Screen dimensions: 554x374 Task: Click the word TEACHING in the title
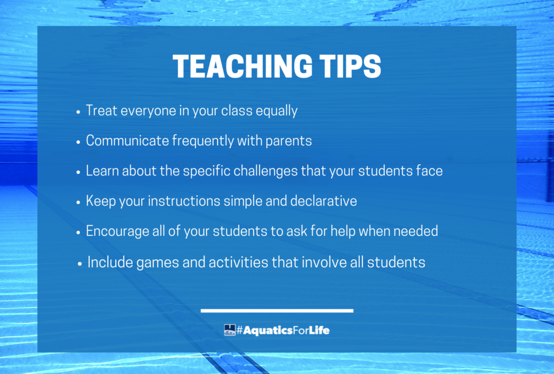[x=243, y=66]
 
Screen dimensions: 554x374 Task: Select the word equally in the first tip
[x=276, y=111]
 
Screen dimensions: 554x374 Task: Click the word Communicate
[x=128, y=141]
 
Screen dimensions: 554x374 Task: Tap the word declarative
[x=324, y=201]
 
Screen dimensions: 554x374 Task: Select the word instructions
[x=184, y=201]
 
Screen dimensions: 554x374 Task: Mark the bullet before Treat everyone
[x=78, y=111]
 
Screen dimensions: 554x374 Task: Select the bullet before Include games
[x=80, y=264]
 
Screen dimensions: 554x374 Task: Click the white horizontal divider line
[x=277, y=311]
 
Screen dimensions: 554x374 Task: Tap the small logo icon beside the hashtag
[x=229, y=330]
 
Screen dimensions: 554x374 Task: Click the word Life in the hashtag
[x=319, y=331]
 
